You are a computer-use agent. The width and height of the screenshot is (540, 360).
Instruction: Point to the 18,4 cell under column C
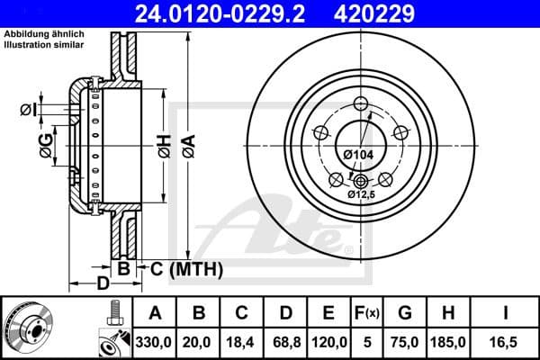point(241,342)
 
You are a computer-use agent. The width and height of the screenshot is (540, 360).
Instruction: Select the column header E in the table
point(328,314)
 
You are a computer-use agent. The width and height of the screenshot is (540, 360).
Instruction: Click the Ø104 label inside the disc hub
point(358,154)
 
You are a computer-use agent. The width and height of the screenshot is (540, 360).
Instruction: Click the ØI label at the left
point(28,110)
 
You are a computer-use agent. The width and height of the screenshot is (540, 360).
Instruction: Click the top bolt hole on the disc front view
point(361,102)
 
